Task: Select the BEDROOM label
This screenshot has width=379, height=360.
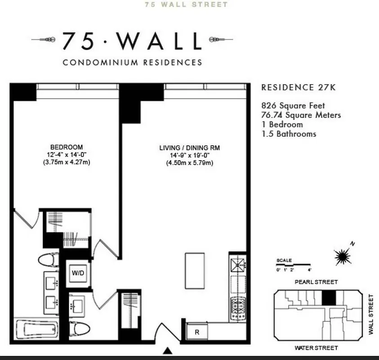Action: coord(67,147)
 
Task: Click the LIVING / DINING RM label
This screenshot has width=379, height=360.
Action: coord(189,148)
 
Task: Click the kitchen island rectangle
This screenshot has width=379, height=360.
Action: coord(195,271)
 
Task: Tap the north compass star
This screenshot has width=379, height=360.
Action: coord(343,256)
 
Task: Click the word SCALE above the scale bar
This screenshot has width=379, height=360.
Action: coord(284,261)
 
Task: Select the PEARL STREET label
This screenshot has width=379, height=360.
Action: coord(316,282)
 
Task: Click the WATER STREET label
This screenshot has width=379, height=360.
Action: coord(316,348)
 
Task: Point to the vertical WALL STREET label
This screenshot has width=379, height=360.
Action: coord(371,314)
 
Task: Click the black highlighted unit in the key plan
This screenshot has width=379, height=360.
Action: coord(330,297)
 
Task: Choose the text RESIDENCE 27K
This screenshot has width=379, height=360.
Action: coord(299,87)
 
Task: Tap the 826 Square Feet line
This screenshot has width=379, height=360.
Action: coord(293,106)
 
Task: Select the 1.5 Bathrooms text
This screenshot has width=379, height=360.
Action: coord(289,134)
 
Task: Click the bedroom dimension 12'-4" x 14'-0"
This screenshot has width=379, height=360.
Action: coord(67,155)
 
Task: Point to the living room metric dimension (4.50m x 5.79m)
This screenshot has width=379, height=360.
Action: coord(189,163)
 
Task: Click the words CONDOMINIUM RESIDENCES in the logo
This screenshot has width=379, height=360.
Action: coord(133,63)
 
